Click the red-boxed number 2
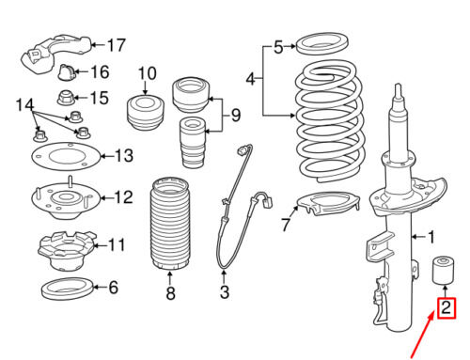[x=446, y=307]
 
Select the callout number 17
[x=117, y=45]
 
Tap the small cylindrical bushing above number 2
[x=443, y=270]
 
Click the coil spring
[x=330, y=121]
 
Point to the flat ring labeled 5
[x=321, y=42]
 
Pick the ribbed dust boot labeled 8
[x=170, y=224]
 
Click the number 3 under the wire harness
[x=225, y=291]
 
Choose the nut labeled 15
[x=66, y=97]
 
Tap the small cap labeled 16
[x=67, y=72]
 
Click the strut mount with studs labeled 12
[x=65, y=198]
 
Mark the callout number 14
[x=24, y=104]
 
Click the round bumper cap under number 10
[x=146, y=113]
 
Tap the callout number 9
[x=235, y=115]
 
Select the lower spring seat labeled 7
[x=327, y=204]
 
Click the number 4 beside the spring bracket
[x=251, y=79]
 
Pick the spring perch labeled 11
[x=67, y=252]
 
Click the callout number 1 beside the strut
[x=431, y=237]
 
